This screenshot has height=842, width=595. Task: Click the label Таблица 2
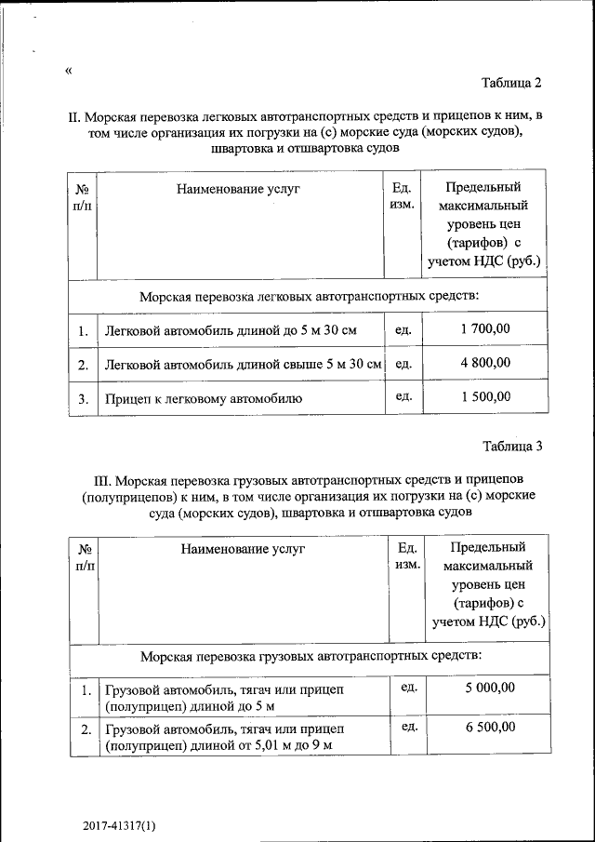point(510,84)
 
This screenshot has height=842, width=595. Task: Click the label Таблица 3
point(511,446)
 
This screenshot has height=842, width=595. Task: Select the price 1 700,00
point(484,328)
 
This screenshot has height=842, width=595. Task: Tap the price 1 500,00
point(484,396)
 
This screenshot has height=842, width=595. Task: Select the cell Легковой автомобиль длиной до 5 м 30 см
point(230,330)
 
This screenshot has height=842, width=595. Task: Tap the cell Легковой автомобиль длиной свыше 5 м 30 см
point(244,364)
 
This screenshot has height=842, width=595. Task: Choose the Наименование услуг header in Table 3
point(243,549)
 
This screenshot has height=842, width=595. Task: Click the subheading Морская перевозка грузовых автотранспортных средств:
point(311,656)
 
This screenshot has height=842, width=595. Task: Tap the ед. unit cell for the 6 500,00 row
point(407,727)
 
